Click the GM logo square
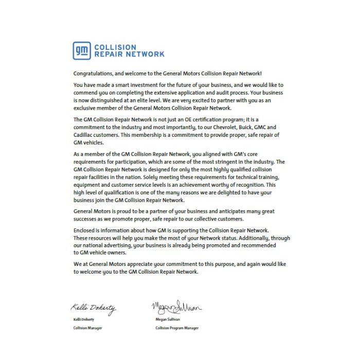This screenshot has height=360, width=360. coord(82,50)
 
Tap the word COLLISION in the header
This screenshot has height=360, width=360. coord(115,47)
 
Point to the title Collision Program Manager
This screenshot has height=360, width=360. coord(176,328)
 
